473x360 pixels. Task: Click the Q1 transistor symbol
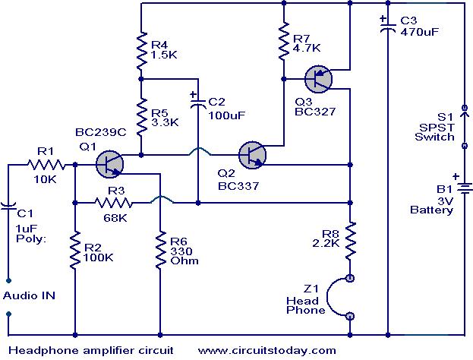coord(109,165)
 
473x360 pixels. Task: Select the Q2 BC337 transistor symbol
coord(252,155)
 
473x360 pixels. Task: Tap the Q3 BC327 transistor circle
coord(318,79)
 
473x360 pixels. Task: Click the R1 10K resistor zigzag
coord(46,165)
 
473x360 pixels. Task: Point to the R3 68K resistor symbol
coord(113,203)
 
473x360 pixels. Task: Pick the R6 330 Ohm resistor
coord(160,250)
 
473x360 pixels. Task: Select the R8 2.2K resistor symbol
coord(350,241)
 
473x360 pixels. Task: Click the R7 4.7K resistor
coord(283,41)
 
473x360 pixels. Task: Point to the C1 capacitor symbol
coord(8,206)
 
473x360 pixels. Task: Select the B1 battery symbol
coord(465,188)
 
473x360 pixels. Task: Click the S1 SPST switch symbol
coord(465,127)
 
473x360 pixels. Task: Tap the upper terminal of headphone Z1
coord(350,278)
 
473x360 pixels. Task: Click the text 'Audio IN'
coord(30,295)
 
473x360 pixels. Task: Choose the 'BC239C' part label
coord(101,132)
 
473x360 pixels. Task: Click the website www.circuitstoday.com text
coord(267,350)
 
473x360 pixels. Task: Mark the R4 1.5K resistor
coord(141,50)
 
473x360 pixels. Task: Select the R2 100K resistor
coord(75,250)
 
